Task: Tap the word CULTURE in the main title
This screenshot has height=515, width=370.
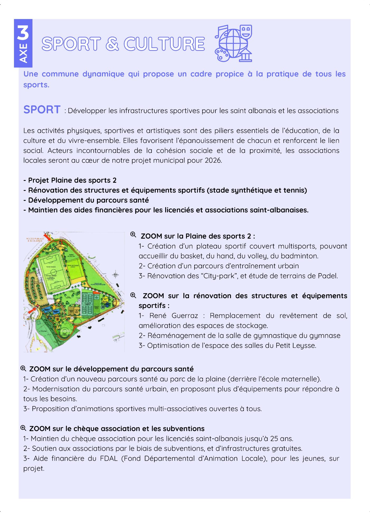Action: click(164, 44)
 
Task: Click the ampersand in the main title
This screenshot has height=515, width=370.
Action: click(112, 44)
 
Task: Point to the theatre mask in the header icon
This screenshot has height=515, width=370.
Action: click(246, 32)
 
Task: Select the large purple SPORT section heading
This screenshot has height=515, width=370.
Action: click(42, 109)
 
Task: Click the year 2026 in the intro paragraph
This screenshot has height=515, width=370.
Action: click(213, 160)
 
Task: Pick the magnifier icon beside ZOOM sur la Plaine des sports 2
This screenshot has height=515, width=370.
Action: click(133, 234)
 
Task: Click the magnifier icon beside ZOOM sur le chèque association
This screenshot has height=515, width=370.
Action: click(23, 428)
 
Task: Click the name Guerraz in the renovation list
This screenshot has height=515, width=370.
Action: click(184, 316)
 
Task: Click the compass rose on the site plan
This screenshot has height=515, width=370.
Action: click(115, 275)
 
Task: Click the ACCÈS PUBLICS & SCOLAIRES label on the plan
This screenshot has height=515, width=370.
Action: click(35, 240)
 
